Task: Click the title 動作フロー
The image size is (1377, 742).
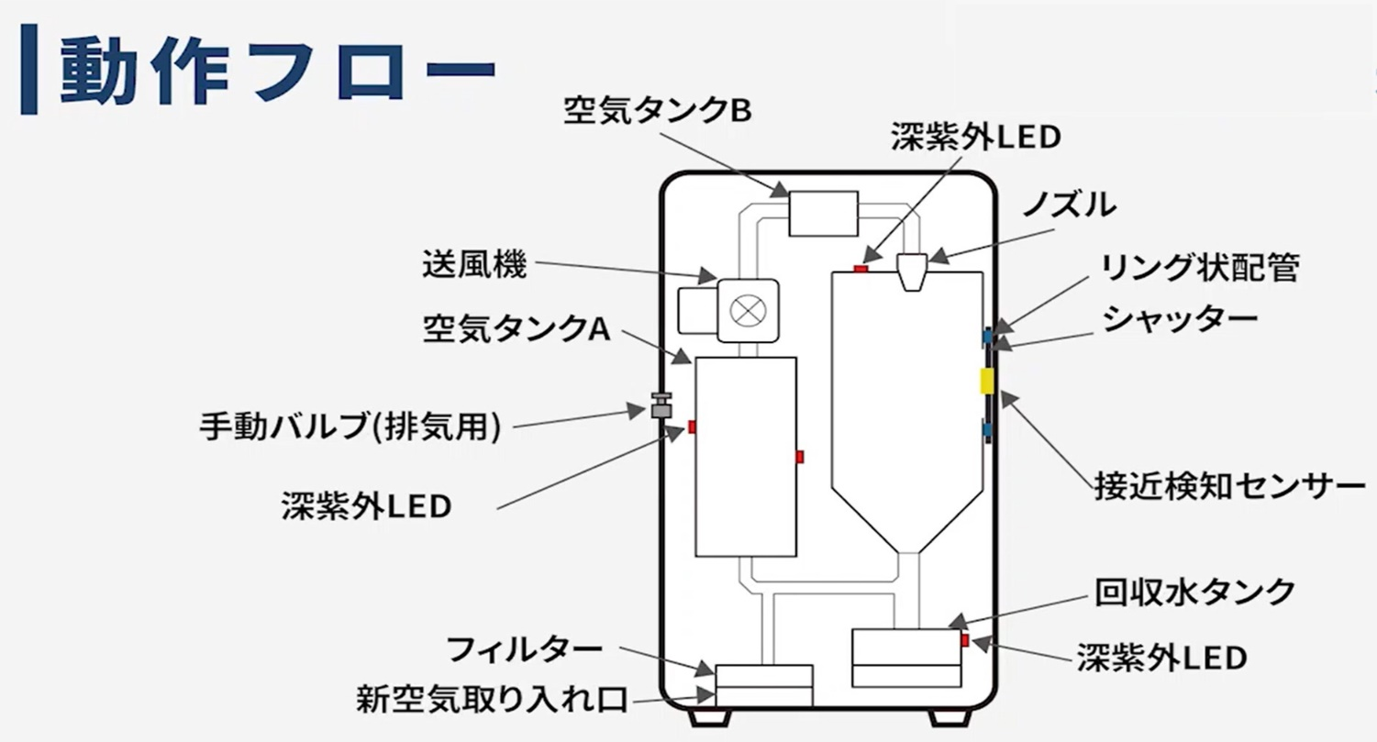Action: [x=275, y=71]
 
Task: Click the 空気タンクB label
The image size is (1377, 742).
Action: [x=658, y=111]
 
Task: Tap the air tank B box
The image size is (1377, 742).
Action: [x=823, y=213]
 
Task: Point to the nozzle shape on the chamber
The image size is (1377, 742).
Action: [x=914, y=272]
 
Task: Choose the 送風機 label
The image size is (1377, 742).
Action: [x=474, y=266]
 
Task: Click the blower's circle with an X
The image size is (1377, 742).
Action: [x=746, y=309]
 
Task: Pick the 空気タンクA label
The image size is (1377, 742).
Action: [x=516, y=327]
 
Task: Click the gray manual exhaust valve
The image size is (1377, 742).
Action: [x=661, y=405]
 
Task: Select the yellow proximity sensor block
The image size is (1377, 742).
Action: [x=986, y=381]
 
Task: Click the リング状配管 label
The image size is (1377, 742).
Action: [x=1201, y=267]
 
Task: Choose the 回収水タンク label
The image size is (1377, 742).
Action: [x=1194, y=591]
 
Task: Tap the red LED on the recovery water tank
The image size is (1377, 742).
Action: [x=965, y=639]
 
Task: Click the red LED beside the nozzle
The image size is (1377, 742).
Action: [x=861, y=269]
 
